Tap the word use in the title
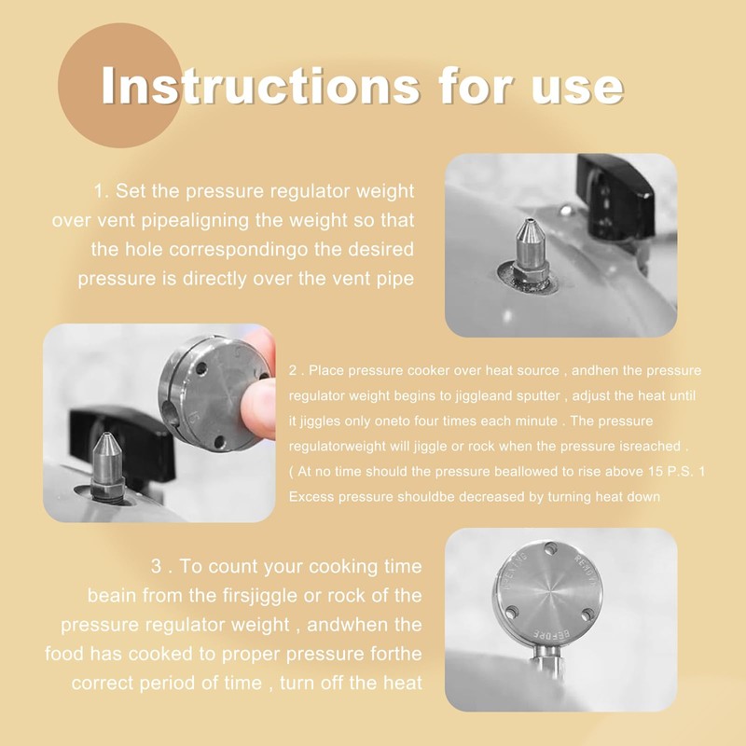click(x=577, y=90)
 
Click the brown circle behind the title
click(x=120, y=85)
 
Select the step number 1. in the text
click(x=102, y=191)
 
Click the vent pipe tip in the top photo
click(x=528, y=221)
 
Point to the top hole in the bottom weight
click(x=551, y=548)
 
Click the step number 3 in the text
click(x=157, y=566)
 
